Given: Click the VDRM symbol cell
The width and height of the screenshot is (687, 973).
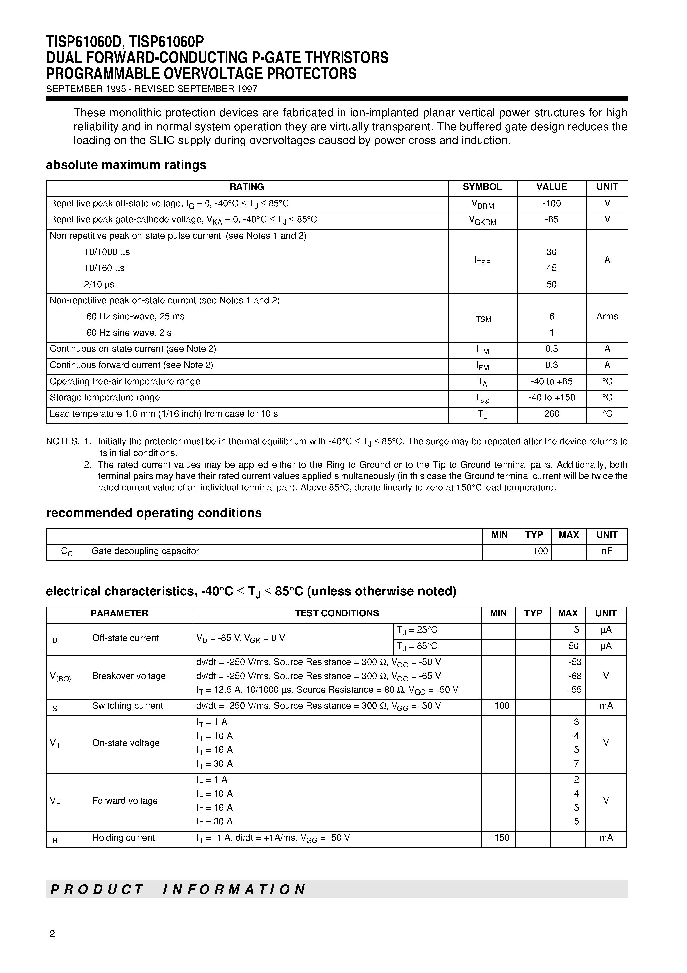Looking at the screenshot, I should point(482,205).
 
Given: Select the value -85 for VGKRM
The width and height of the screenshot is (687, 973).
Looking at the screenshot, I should point(551,220).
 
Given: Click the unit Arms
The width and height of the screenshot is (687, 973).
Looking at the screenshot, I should point(607,316).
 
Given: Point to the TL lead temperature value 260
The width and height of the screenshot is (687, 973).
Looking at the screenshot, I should point(551,414).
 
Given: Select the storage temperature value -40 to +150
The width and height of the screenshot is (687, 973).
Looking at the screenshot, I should point(551,398).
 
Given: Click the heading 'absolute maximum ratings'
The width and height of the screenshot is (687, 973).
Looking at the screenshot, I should point(126,165).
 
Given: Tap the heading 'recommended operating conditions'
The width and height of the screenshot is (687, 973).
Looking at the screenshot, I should point(154,513).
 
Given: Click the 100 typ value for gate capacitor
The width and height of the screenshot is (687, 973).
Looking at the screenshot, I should point(540,551).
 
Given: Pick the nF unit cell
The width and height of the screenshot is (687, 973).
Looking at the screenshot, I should point(607,551).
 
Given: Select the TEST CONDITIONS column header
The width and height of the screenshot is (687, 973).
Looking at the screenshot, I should point(337,614).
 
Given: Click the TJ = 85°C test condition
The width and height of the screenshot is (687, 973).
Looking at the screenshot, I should point(417,646).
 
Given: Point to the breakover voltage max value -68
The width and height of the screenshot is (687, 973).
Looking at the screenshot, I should point(575,676).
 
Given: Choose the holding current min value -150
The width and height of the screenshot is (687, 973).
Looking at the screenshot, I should point(500,838).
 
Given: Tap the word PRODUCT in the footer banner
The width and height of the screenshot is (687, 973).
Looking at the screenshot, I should point(97,889).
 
